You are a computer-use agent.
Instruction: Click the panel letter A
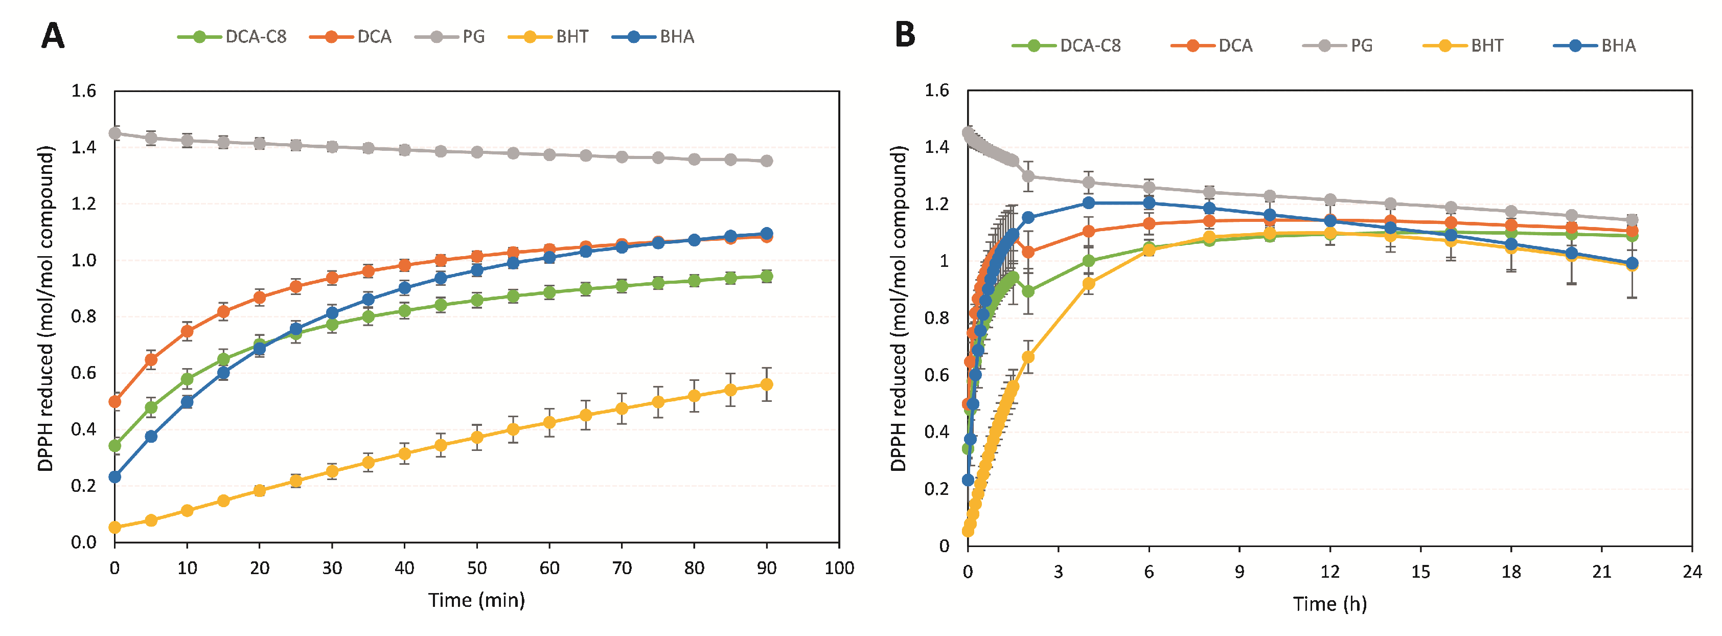tap(53, 36)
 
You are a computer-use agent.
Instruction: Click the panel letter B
tap(905, 35)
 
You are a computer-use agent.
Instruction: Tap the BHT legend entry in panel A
tap(548, 37)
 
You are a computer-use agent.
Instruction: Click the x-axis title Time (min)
tap(476, 600)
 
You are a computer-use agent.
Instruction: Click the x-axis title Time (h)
tap(1329, 604)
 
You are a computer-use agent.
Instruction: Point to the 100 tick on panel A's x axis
tap(839, 569)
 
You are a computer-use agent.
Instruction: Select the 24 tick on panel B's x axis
tap(1692, 572)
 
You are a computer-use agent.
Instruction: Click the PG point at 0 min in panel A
tap(115, 133)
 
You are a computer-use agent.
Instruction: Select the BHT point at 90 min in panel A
tap(767, 384)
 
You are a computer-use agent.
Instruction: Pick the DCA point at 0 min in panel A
tap(115, 401)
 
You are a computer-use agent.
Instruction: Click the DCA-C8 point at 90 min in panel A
tap(767, 276)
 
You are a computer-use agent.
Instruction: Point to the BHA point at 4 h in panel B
tap(1088, 202)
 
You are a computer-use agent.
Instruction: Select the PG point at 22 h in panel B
tap(1632, 220)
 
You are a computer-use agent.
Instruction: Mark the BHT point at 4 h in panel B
tap(1088, 284)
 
